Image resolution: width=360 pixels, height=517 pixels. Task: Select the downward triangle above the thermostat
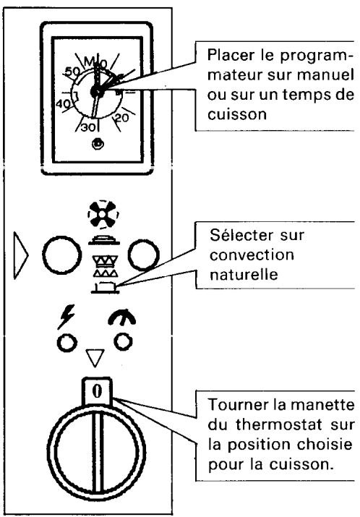[96, 355]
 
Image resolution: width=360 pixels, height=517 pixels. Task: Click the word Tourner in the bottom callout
[228, 403]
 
